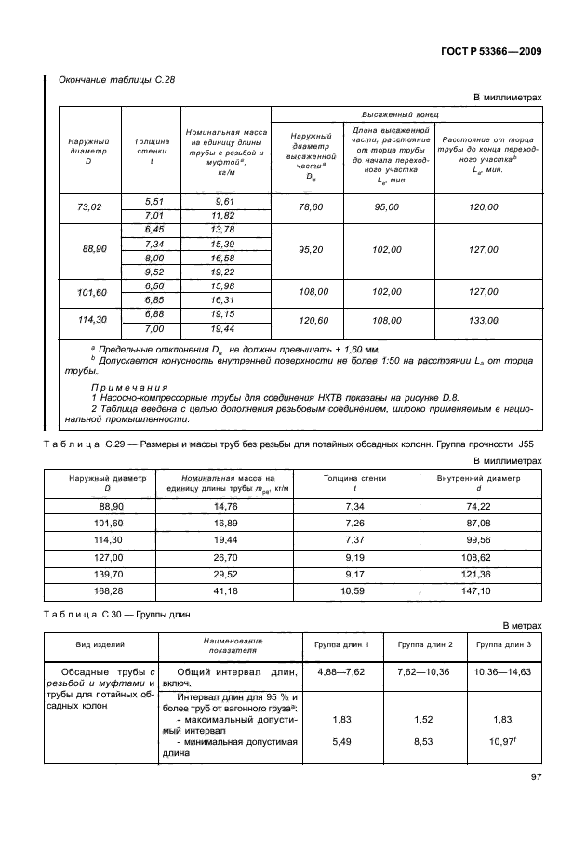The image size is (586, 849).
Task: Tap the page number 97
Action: point(534,777)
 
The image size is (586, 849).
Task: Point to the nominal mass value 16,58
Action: point(223,258)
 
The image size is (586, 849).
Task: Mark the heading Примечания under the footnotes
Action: point(128,386)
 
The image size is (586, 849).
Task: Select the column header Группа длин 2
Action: point(424,644)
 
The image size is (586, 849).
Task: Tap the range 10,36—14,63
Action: point(501,671)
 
